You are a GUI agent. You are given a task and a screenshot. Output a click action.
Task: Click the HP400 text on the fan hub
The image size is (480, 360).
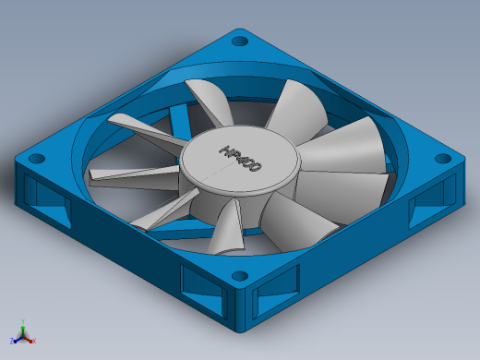tap(241, 159)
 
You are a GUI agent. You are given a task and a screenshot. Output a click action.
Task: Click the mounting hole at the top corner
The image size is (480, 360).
tap(240, 41)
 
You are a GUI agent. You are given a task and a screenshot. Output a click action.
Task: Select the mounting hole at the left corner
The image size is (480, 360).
tap(37, 159)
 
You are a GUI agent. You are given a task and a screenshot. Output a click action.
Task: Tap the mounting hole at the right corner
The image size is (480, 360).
tap(443, 159)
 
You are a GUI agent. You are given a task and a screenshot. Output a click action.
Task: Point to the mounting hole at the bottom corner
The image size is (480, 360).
tap(240, 276)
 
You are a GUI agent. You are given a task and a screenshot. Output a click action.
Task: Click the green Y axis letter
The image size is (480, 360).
tap(23, 321)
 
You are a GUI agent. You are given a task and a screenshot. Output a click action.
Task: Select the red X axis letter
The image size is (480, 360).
tap(34, 341)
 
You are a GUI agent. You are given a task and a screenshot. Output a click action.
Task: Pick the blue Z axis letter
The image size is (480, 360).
tap(12, 341)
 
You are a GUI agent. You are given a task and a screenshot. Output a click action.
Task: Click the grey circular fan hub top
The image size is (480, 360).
tap(239, 160)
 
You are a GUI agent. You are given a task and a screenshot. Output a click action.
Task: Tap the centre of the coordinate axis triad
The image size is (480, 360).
tap(23, 337)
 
